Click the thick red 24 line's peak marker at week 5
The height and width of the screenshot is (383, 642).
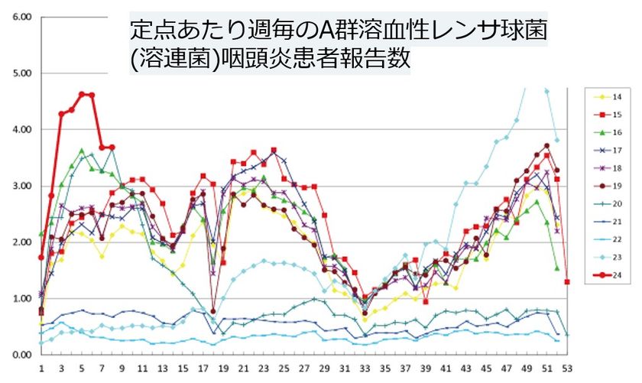(x=82, y=94)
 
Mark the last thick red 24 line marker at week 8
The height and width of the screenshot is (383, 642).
(x=112, y=147)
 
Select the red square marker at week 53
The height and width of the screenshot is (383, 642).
(x=567, y=281)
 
